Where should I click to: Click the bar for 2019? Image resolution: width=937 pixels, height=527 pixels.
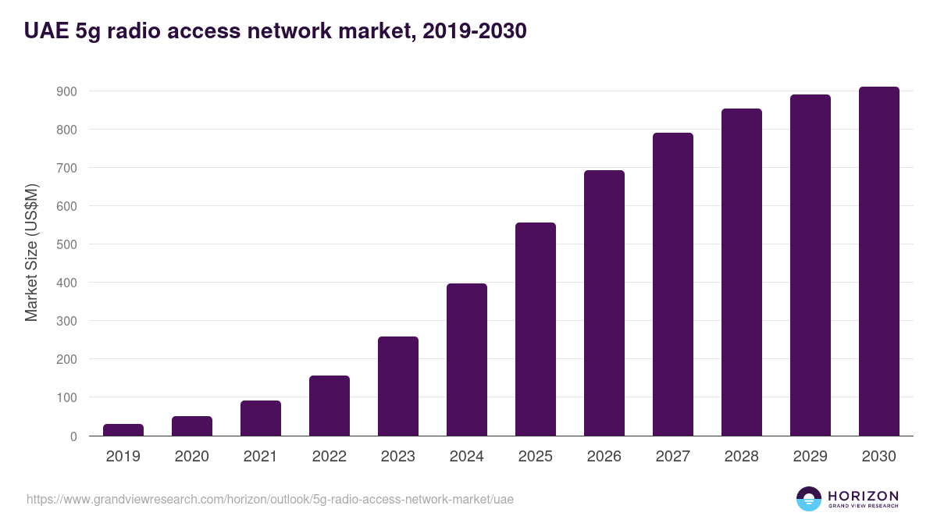click(x=123, y=430)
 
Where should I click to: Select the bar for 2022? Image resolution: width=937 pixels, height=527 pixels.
click(x=330, y=406)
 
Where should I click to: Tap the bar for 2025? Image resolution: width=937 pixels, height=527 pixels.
click(x=536, y=329)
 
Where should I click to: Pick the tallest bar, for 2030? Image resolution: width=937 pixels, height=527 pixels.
click(x=879, y=262)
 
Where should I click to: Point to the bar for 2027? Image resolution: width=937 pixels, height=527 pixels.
click(x=673, y=284)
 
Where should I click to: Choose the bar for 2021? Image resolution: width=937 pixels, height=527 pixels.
click(x=261, y=418)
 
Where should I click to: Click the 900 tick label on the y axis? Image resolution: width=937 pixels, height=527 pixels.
click(x=66, y=91)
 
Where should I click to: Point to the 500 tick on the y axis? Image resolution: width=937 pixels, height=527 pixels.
click(x=66, y=244)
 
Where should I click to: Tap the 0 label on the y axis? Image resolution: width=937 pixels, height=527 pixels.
click(x=73, y=436)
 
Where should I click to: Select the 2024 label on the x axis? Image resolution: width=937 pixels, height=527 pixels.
click(x=467, y=457)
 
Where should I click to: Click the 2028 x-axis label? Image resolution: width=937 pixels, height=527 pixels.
click(x=742, y=457)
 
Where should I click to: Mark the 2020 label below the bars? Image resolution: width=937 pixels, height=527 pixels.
click(x=192, y=457)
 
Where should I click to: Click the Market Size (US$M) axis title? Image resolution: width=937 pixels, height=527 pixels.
click(x=31, y=252)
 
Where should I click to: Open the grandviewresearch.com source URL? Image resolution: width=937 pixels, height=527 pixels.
click(x=270, y=499)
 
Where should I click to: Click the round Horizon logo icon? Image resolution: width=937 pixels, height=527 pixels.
click(x=809, y=499)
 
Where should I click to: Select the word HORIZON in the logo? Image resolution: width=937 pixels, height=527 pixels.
click(x=863, y=496)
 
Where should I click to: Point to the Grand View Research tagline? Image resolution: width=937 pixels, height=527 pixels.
click(x=863, y=507)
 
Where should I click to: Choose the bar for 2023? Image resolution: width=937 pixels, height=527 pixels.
click(x=398, y=386)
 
